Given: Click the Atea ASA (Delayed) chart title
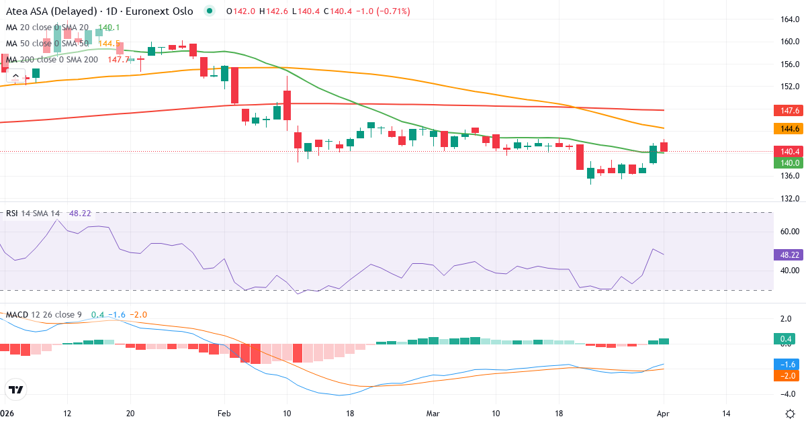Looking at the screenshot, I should pos(99,11).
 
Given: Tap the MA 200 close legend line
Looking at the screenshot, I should pos(52,59).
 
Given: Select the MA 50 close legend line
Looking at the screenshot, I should pos(47,43).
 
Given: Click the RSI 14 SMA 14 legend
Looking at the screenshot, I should pos(32,214).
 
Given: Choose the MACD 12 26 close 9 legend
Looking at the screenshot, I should pos(44,314).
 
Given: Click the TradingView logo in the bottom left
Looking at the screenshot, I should pos(15,389).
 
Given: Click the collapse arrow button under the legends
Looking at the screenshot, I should pos(15,76).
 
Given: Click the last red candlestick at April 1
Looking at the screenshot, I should pos(664,146).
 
